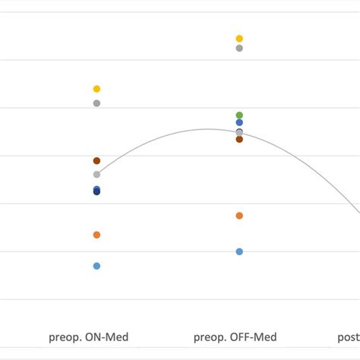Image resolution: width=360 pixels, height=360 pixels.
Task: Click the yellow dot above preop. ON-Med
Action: click(96, 89)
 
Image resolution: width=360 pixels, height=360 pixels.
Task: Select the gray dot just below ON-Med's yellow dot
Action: click(96, 103)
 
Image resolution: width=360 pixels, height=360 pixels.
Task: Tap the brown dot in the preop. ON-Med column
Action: click(96, 161)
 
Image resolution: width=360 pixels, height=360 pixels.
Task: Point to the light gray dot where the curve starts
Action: click(96, 175)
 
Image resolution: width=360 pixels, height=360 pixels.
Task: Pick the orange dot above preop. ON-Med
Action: click(96, 235)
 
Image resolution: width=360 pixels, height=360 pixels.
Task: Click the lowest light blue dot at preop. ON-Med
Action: click(96, 266)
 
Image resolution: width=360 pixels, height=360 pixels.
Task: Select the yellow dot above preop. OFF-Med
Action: click(239, 38)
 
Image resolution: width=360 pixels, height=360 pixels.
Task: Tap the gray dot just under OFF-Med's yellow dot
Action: click(239, 49)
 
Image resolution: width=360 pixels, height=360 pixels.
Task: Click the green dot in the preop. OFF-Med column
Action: click(239, 115)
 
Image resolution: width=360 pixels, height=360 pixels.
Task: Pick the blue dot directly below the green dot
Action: click(239, 122)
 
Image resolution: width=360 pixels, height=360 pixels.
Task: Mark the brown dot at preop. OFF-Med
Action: click(239, 139)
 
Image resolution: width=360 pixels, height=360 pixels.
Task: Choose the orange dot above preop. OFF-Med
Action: click(239, 216)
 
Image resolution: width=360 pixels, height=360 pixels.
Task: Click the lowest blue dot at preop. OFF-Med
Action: click(239, 251)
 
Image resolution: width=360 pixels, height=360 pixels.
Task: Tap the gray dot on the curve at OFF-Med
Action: click(239, 133)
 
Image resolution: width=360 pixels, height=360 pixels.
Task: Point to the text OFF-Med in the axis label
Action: click(254, 337)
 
